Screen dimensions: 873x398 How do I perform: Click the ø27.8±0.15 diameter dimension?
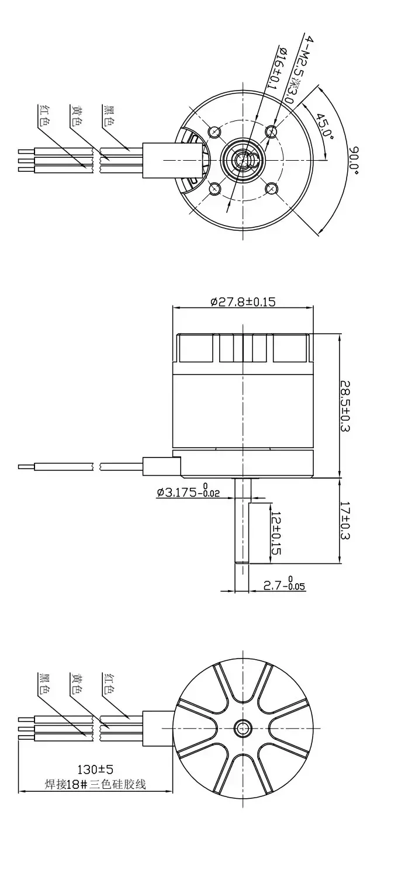click(243, 302)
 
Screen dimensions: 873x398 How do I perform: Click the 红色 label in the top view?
click(44, 116)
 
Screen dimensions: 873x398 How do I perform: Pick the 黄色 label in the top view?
click(76, 116)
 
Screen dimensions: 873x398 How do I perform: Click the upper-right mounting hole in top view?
click(271, 131)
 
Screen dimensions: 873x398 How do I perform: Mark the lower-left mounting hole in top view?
click(214, 188)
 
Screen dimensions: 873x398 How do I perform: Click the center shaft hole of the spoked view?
click(243, 728)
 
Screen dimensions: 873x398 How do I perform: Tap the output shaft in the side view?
click(242, 520)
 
